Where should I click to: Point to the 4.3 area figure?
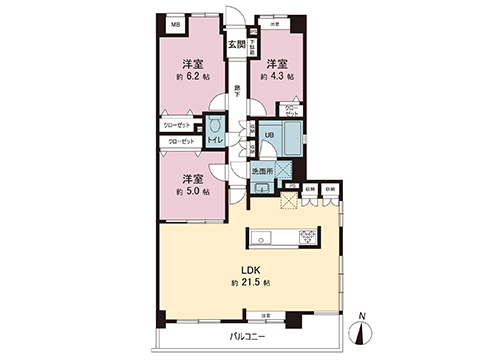coord(279,75)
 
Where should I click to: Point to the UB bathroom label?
coord(269,138)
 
